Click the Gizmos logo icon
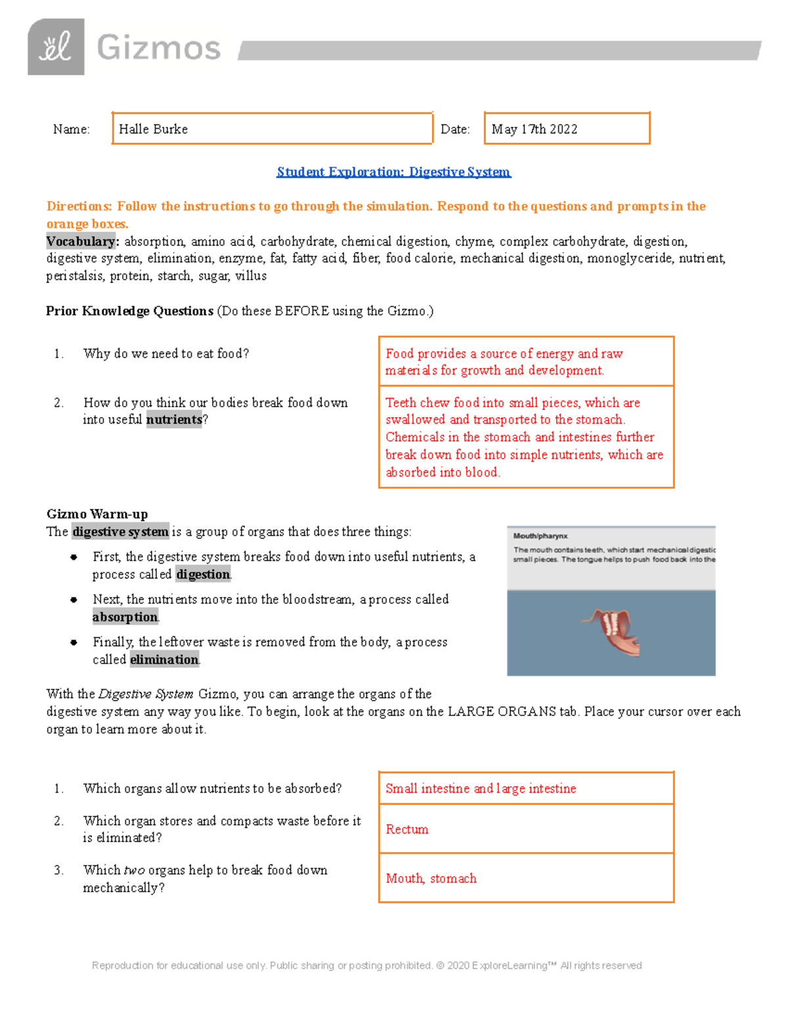56,47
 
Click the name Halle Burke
153,129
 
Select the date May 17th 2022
534,129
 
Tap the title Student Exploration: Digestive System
393,172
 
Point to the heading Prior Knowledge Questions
129,311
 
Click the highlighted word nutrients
174,420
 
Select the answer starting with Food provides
504,362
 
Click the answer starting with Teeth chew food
524,437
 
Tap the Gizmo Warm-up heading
97,514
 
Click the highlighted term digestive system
120,531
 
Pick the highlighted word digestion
204,574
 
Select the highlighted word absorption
125,617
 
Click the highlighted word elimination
164,659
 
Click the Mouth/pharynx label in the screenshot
540,536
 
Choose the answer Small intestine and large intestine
481,788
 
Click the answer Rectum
406,829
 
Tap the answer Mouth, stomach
431,878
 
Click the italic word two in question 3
134,870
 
